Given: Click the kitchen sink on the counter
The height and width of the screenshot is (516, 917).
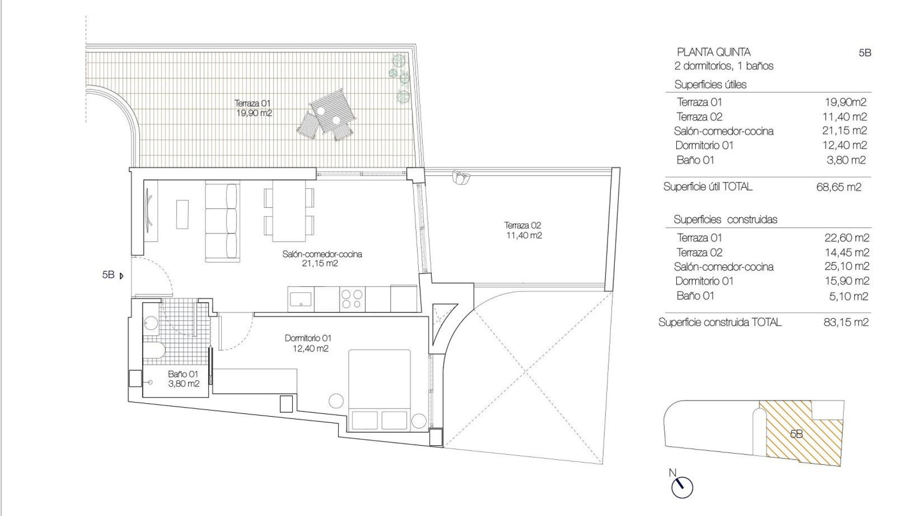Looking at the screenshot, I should (300, 299).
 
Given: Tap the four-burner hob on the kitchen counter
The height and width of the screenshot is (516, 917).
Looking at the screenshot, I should (352, 299).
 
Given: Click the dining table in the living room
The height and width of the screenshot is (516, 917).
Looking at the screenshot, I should (289, 211).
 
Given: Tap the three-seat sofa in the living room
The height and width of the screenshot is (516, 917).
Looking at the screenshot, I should (222, 222).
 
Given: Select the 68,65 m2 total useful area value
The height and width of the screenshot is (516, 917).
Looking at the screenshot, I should (839, 187).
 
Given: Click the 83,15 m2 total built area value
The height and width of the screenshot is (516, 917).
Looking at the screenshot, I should (842, 322).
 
